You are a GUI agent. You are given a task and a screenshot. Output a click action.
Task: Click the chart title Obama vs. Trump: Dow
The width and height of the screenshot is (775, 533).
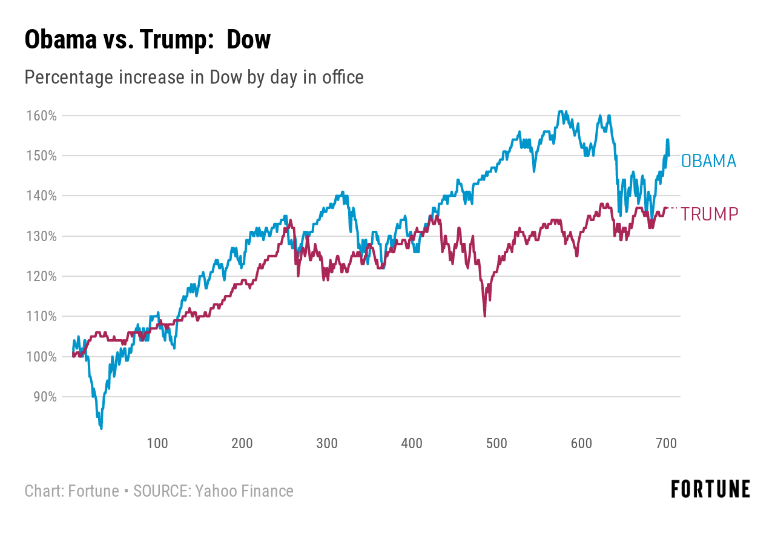tap(147, 41)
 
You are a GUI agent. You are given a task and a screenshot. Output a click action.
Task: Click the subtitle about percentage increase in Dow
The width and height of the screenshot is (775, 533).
tap(194, 78)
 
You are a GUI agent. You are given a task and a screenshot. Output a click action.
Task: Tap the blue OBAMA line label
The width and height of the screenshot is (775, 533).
tap(708, 161)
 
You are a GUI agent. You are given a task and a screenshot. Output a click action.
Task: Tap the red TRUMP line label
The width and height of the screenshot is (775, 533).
tap(710, 214)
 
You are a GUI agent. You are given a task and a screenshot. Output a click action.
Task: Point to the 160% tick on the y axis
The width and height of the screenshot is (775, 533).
tap(42, 115)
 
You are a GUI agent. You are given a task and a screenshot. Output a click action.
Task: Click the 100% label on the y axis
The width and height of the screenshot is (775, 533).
tap(42, 357)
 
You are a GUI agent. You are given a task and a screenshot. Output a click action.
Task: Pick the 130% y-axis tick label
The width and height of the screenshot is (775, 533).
tap(42, 236)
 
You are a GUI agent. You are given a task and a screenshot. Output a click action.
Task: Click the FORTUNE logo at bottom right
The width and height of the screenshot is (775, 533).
tap(710, 489)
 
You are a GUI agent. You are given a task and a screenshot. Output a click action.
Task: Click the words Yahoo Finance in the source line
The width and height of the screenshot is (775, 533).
tap(244, 491)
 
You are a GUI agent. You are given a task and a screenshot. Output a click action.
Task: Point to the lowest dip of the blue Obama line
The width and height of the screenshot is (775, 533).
tap(101, 428)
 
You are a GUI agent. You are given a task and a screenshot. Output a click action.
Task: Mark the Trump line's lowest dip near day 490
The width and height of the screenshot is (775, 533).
tap(485, 315)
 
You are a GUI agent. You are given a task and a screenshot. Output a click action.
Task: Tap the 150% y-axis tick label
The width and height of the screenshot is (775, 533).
tap(42, 156)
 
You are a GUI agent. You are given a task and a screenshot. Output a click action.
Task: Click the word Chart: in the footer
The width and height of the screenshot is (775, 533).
tap(44, 491)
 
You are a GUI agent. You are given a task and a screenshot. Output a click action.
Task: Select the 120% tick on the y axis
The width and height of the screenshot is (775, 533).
tap(42, 276)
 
